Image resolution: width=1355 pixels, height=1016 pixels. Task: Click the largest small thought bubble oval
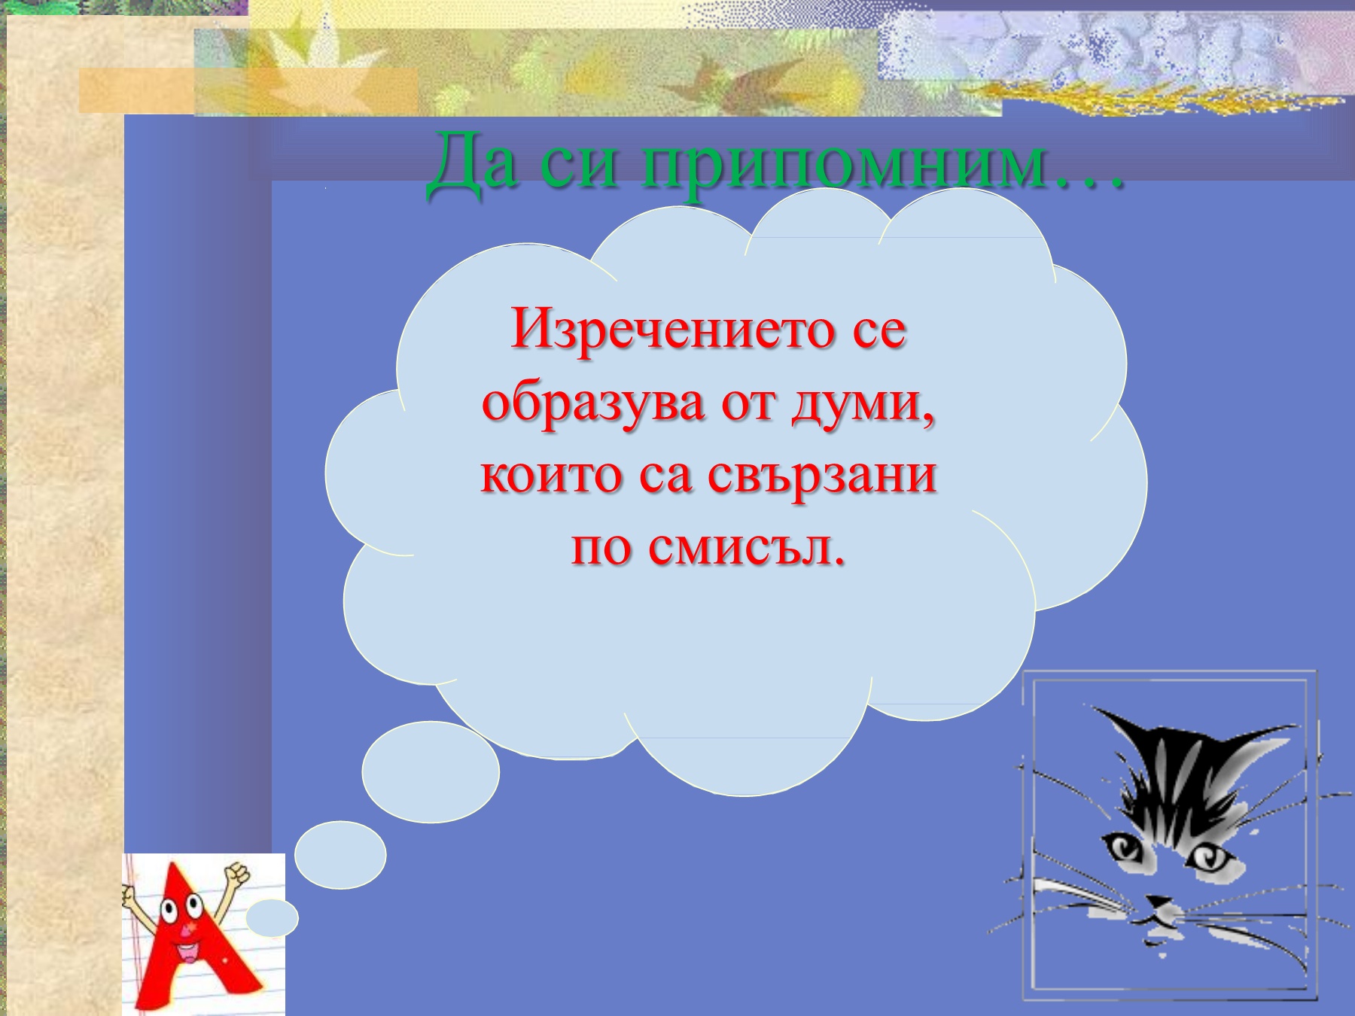point(431,772)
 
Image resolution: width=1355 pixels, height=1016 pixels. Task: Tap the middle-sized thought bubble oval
point(340,855)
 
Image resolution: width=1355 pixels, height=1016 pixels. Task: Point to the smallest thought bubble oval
point(273,918)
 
